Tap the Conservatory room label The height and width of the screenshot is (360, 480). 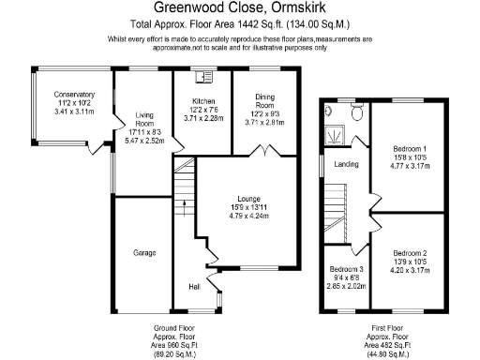[74, 95]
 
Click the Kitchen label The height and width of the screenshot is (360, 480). [204, 100]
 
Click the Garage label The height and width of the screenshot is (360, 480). [143, 253]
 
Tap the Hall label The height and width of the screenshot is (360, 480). [194, 287]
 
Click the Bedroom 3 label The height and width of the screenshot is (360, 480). [346, 271]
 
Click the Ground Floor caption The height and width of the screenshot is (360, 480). [174, 327]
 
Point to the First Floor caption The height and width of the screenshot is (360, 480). [387, 327]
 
